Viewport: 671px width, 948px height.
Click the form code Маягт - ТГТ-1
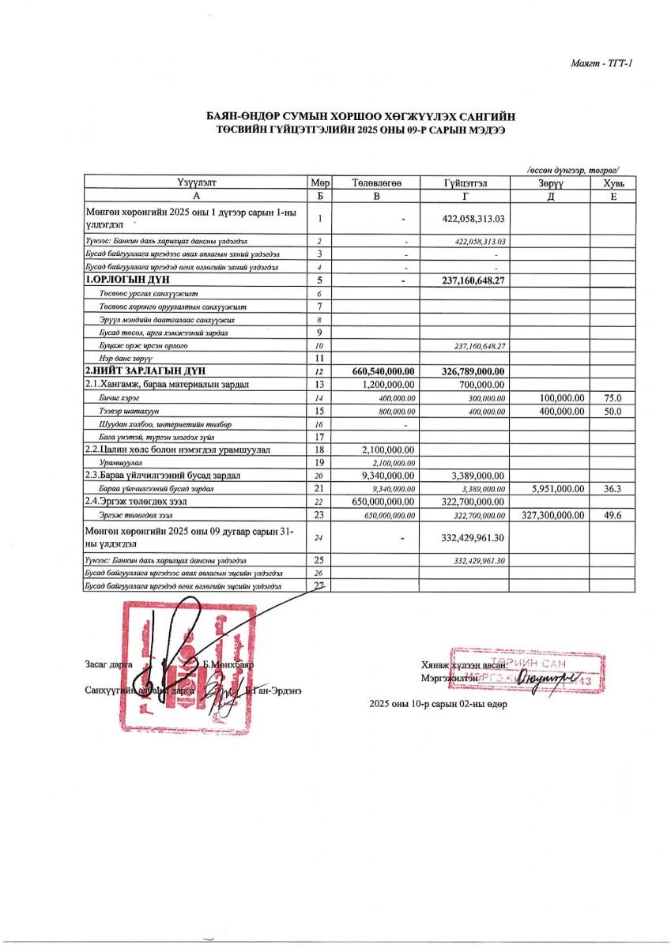[601, 63]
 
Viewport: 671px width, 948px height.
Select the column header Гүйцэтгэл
[465, 183]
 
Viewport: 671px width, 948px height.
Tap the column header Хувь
[613, 183]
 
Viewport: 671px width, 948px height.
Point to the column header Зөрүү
[548, 183]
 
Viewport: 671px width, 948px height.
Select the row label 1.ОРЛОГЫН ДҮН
[127, 280]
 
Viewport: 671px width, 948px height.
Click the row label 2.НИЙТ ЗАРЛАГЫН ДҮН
[142, 371]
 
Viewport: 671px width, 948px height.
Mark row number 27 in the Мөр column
[319, 585]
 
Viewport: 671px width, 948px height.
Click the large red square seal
[190, 668]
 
